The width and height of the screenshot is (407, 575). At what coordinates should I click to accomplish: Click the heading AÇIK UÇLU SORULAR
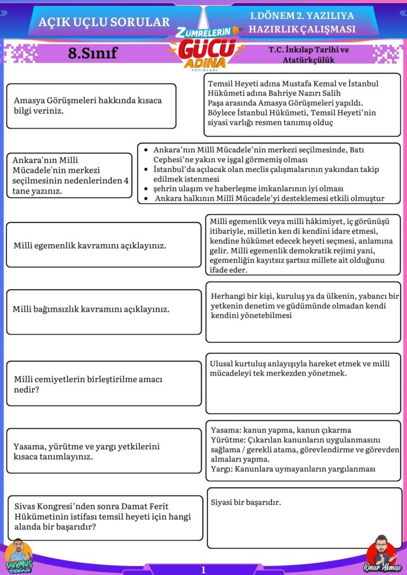click(104, 22)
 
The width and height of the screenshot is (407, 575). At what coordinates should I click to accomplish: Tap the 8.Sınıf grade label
click(93, 53)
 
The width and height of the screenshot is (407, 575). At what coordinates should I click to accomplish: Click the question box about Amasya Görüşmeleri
click(91, 106)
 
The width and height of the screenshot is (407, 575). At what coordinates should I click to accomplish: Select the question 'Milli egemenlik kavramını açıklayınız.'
click(103, 245)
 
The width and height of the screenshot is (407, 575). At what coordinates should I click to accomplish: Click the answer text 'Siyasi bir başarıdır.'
click(246, 502)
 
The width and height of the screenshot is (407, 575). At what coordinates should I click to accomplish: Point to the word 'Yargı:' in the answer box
click(221, 468)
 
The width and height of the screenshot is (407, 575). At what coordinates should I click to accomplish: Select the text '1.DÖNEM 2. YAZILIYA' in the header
click(302, 16)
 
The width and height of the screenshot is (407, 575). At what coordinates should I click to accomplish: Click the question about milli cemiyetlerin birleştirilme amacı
click(103, 384)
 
